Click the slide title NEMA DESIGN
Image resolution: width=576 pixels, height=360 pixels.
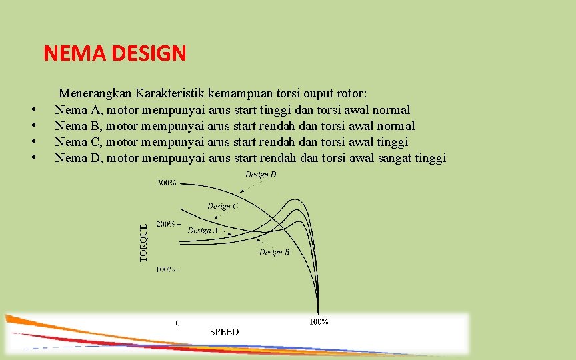[x=115, y=53]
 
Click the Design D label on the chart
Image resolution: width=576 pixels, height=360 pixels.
[x=260, y=175]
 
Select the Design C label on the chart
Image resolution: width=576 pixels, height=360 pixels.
[x=223, y=206]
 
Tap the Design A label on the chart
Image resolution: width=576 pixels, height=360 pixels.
[x=203, y=230]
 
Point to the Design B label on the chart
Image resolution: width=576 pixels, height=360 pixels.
[x=274, y=253]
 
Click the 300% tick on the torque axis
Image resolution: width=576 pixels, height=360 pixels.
[x=167, y=183]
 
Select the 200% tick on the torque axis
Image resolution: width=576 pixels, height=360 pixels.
[x=167, y=225]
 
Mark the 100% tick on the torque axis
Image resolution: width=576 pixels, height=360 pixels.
[x=167, y=269]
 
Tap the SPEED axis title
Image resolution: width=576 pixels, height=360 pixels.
[x=224, y=331]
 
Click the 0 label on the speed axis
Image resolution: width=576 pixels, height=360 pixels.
[x=177, y=323]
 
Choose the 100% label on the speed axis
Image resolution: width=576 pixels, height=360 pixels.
[x=318, y=321]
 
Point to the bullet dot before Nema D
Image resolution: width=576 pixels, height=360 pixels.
[x=31, y=158]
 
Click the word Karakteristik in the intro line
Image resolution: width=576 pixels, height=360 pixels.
[x=171, y=93]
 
